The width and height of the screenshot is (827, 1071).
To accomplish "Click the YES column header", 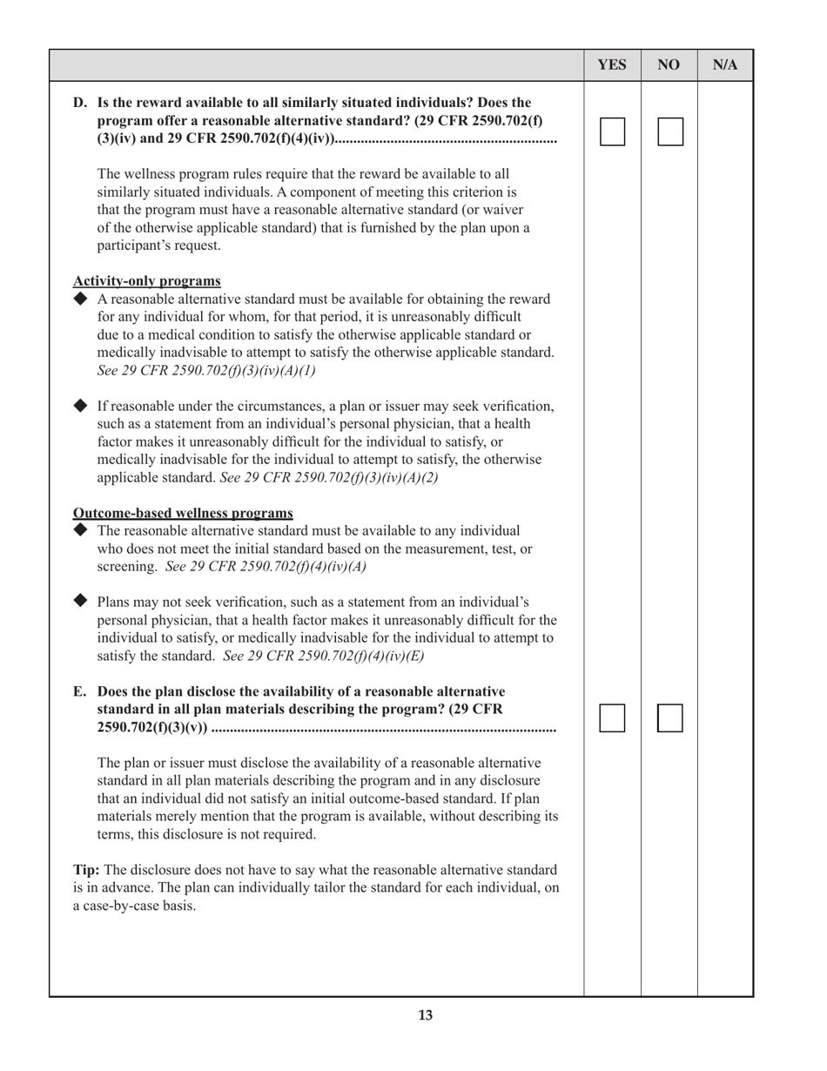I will pyautogui.click(x=612, y=65).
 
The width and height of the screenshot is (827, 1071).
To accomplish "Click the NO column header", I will pyautogui.click(x=669, y=65).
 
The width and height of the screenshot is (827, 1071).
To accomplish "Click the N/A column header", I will pyautogui.click(x=725, y=65).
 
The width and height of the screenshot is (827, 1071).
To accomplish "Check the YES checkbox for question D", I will pyautogui.click(x=612, y=131).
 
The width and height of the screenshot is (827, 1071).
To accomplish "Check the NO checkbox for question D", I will pyautogui.click(x=669, y=131).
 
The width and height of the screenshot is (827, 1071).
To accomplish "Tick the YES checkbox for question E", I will pyautogui.click(x=612, y=718).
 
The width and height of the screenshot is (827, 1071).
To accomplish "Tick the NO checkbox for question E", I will pyautogui.click(x=669, y=718).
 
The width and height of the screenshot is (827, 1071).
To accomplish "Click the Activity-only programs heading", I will pyautogui.click(x=146, y=280).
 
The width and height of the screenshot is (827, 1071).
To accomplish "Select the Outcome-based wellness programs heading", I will pyautogui.click(x=183, y=512).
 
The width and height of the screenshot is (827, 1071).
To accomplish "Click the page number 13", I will pyautogui.click(x=425, y=1015).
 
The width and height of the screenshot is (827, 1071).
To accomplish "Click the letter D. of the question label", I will pyautogui.click(x=80, y=103).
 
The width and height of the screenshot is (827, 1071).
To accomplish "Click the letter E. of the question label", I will pyautogui.click(x=80, y=691).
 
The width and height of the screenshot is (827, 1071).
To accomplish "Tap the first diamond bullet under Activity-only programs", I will pyautogui.click(x=81, y=299).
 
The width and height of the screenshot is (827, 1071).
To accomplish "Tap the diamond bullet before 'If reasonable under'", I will pyautogui.click(x=81, y=406).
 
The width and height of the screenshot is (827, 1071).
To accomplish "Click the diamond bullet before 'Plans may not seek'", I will pyautogui.click(x=81, y=601).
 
